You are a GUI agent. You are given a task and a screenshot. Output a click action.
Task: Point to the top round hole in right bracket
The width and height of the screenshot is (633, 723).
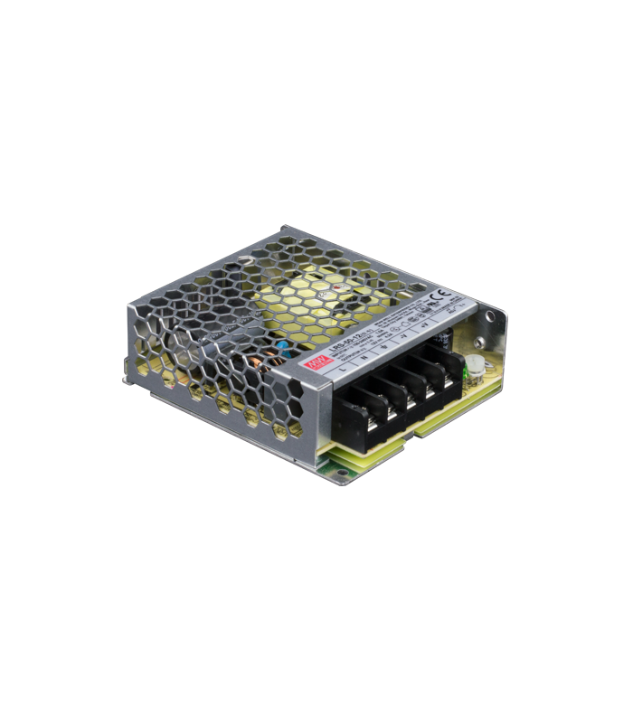pos(488,315)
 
